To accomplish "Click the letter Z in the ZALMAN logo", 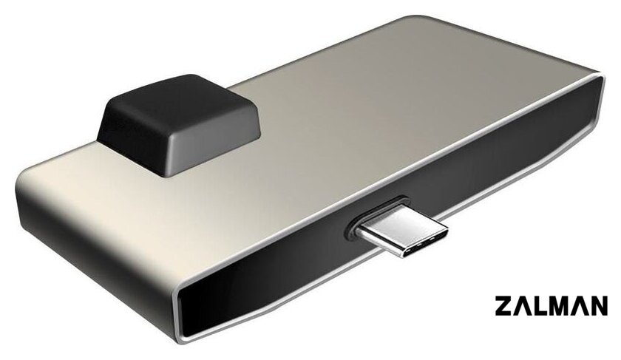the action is click(x=503, y=305).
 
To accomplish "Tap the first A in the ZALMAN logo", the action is click(x=522, y=305).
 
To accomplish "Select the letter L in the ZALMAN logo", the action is click(x=540, y=305).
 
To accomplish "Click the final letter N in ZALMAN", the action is click(x=599, y=305).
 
